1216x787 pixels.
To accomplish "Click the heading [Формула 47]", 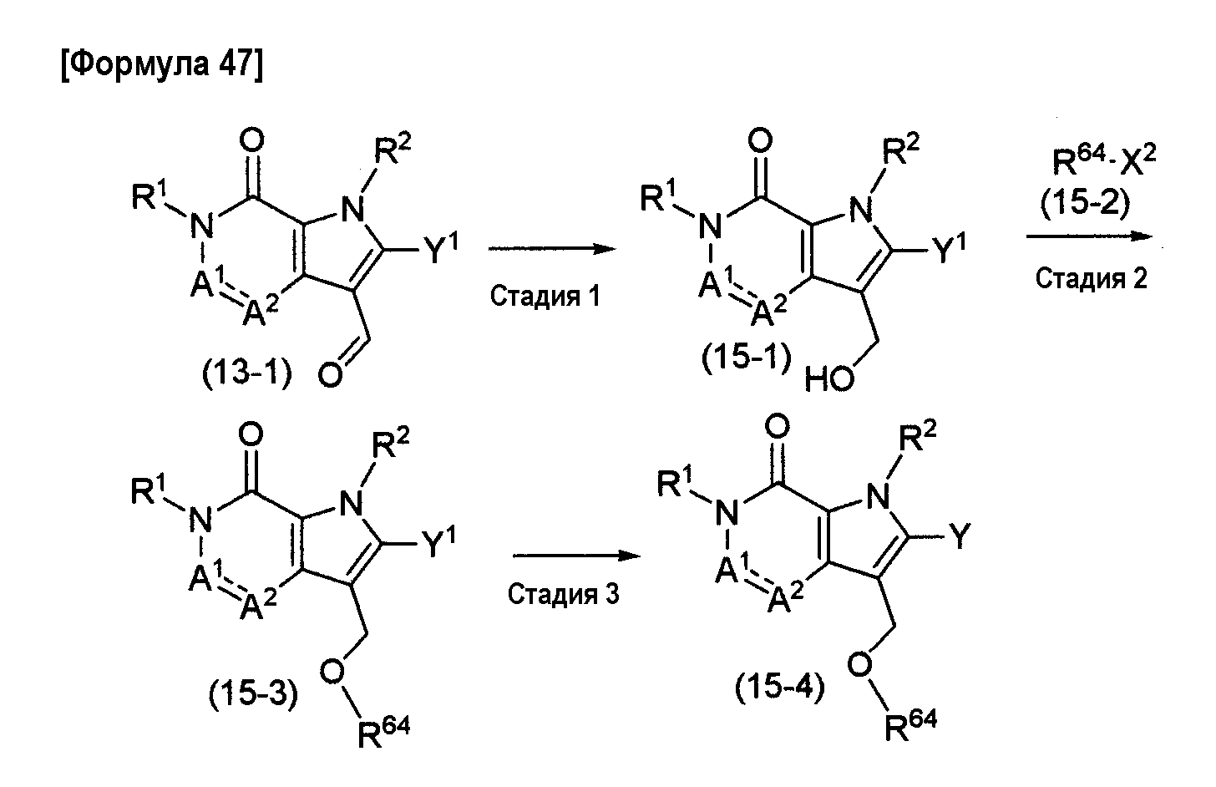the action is point(162,64).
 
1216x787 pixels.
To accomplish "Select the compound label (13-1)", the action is point(247,373).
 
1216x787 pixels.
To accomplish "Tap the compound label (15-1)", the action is point(747,358).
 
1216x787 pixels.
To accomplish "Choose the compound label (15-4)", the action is point(780,688).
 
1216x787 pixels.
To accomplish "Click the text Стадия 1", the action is point(545,297).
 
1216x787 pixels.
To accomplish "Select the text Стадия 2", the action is point(1091,279).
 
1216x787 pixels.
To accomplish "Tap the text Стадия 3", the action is point(564,594).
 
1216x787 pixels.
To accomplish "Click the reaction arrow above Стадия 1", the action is point(552,249).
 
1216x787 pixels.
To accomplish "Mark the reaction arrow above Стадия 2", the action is point(1089,236).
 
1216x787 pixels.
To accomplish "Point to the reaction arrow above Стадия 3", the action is point(576,556).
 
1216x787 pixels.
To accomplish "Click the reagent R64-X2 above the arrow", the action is point(1104,160).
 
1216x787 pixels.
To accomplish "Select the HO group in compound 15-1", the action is point(829,378).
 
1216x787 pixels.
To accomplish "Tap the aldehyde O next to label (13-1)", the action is point(330,375).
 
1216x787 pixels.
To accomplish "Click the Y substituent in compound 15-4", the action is point(960,536).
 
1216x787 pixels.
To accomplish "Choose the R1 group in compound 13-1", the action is point(152,195).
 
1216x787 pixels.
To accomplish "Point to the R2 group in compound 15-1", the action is point(901,150).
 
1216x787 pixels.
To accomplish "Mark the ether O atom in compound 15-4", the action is point(860,665).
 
